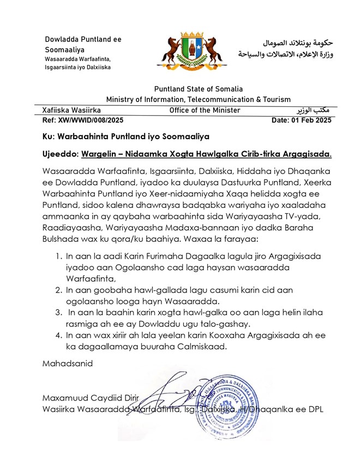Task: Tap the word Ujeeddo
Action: (61, 154)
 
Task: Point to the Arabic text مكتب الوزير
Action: (316, 110)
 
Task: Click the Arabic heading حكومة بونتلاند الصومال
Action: (297, 43)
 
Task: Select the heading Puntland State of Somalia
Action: (199, 89)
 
